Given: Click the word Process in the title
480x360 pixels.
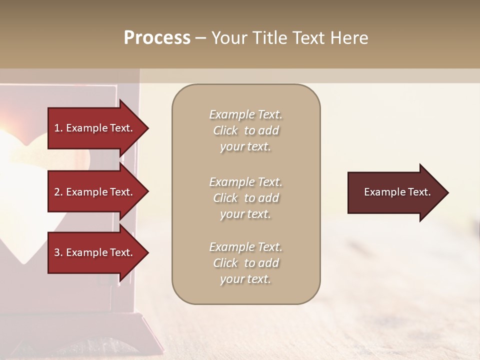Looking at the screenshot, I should point(157,38).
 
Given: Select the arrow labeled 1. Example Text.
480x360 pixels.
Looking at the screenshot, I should point(95,128).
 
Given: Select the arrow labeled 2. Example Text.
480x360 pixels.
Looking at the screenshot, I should point(95,192).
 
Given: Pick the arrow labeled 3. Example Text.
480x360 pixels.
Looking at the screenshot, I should point(95,252).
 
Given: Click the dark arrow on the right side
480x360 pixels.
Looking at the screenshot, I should point(395,192).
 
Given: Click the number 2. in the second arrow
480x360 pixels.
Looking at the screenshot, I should point(58,192).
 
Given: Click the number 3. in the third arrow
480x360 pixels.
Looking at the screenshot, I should point(58,252).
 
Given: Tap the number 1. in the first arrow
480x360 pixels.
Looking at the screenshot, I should point(58,128).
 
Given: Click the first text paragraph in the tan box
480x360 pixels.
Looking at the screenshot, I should point(245,130).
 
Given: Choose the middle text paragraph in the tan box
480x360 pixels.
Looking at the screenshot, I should point(245,197).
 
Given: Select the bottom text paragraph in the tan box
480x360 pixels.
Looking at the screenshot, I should point(245,263).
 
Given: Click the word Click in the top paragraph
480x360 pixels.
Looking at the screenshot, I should point(225,130).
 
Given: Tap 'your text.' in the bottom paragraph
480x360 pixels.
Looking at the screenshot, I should point(245,279).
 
